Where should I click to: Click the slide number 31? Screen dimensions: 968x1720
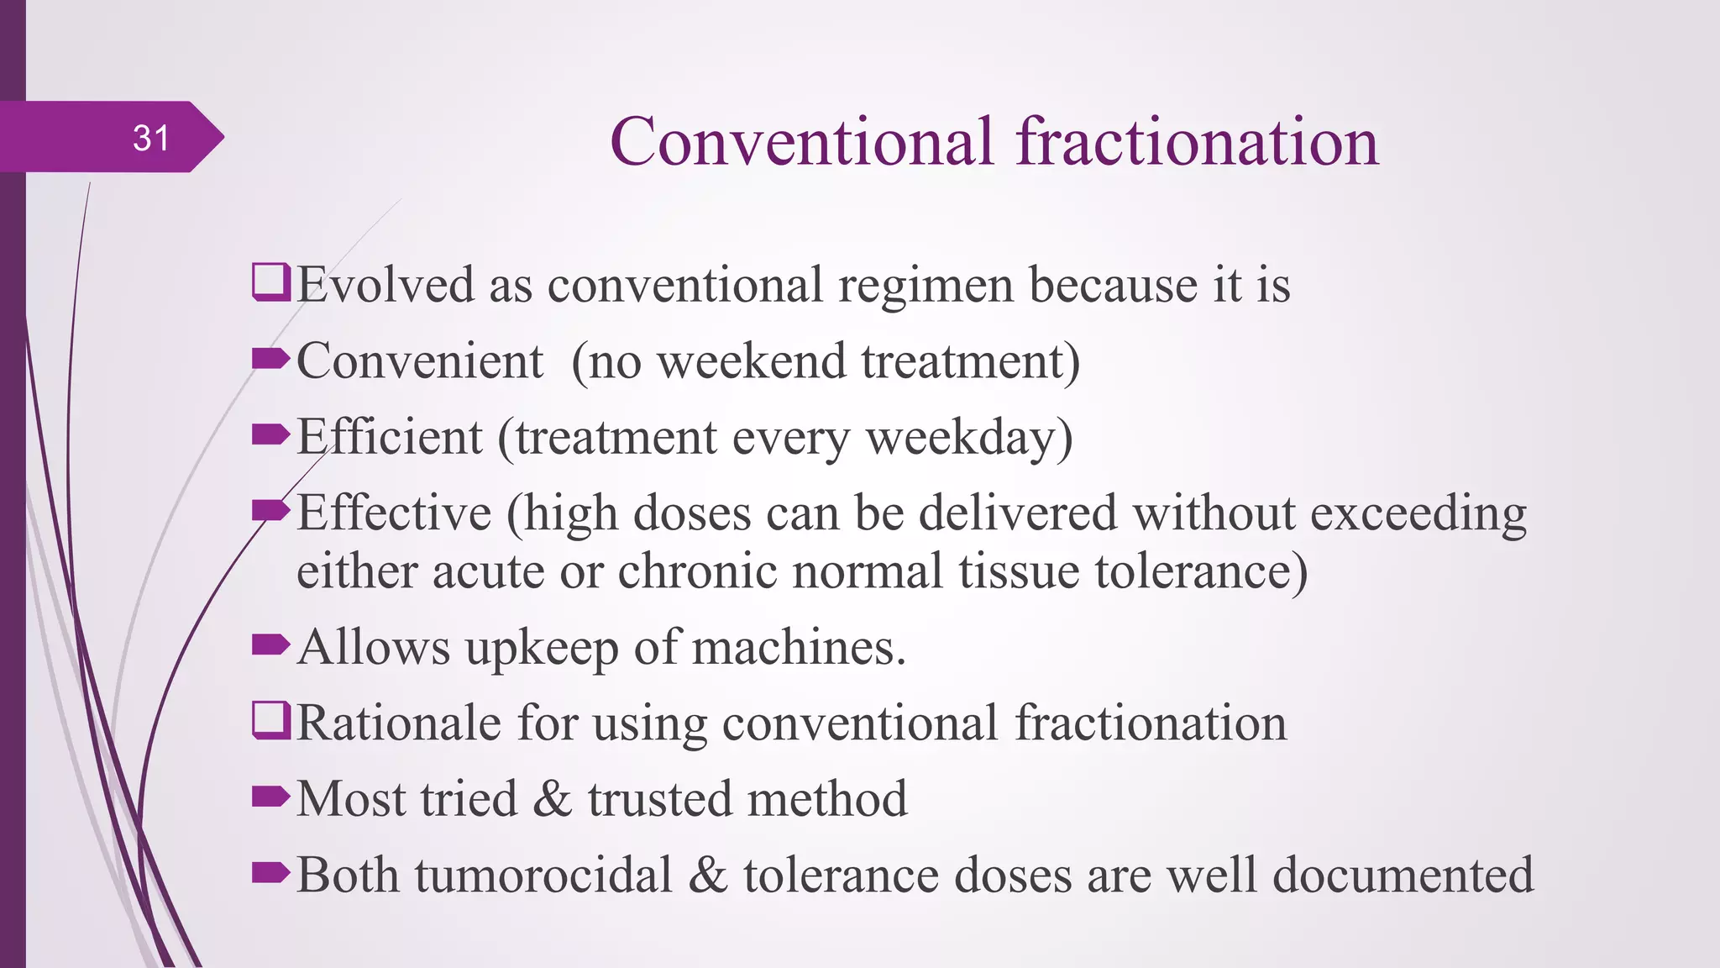151,138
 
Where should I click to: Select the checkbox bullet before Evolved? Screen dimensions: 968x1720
271,282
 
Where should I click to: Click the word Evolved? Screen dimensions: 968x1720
385,285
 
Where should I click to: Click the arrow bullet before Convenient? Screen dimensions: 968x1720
270,360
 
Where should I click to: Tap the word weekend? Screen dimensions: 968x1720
751,361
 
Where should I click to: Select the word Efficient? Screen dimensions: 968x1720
390,437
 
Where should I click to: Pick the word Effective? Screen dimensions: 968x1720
394,513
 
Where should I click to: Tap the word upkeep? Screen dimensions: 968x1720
542,649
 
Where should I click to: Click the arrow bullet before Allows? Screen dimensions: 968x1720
270,645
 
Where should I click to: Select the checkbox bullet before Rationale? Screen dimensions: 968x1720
271,721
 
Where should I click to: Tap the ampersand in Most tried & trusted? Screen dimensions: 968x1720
552,799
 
